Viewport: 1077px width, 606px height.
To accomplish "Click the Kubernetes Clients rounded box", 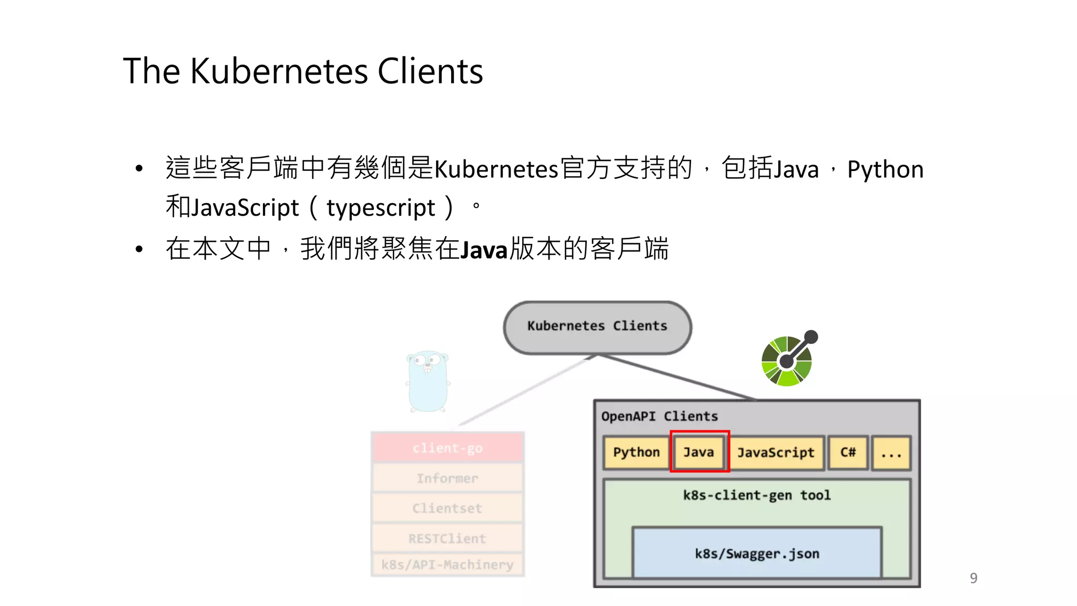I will point(597,327).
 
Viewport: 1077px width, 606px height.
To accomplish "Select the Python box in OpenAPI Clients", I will point(636,452).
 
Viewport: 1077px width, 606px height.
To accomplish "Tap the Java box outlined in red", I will point(699,452).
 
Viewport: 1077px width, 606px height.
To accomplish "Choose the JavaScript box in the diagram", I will point(776,452).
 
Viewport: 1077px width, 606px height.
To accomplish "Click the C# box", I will point(848,452).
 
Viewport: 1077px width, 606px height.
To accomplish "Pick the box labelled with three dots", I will point(891,453).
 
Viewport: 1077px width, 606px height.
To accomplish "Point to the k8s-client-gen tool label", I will point(757,496).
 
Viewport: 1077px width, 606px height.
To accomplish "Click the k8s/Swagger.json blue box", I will point(757,553).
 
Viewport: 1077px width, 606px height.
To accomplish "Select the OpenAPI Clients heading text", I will point(659,417).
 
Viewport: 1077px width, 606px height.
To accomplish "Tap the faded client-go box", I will point(448,448).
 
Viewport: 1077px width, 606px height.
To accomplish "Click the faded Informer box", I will point(448,478).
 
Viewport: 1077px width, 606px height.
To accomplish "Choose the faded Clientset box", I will point(448,508).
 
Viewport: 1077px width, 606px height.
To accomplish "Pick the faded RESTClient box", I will point(448,539).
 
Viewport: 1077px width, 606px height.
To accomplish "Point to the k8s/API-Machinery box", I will point(448,565).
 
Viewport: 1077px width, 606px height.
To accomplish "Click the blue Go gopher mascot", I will point(428,381).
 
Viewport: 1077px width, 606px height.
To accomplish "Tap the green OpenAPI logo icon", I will point(788,360).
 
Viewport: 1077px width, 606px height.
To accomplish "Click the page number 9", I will point(973,578).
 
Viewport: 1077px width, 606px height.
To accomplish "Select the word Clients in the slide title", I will point(430,72).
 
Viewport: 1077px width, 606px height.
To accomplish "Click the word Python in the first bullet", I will point(885,170).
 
